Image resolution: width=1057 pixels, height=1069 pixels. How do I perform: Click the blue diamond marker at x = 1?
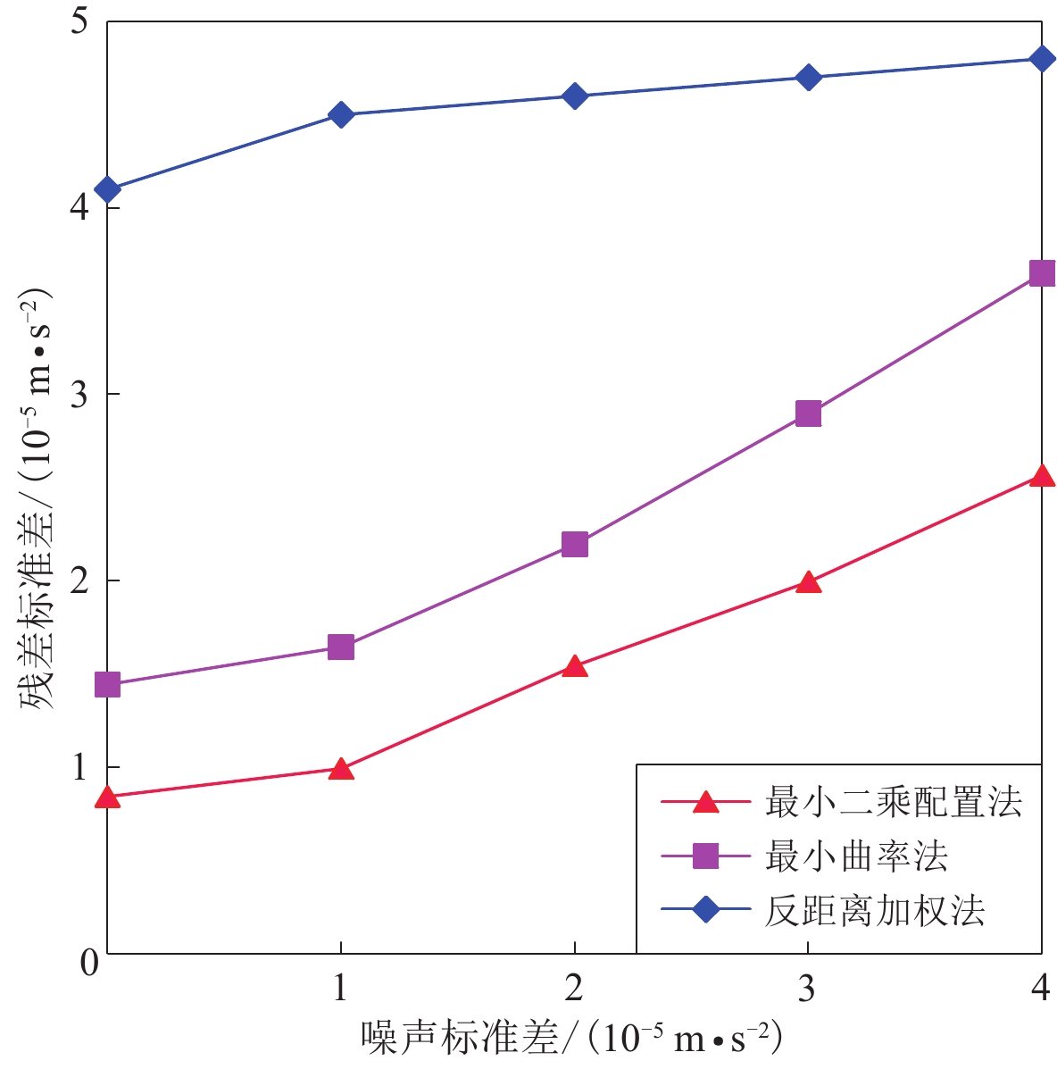[x=340, y=114]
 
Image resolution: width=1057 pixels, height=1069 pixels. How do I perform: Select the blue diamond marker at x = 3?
[x=808, y=77]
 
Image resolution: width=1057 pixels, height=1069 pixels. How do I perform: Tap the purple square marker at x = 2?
[x=574, y=544]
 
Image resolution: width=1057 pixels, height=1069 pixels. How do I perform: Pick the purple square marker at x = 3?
[x=808, y=413]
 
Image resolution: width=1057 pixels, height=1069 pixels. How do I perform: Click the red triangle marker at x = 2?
[x=574, y=666]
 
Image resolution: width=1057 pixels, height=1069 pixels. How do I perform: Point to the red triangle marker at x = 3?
[x=808, y=583]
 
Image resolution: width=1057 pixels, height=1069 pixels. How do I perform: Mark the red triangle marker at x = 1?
[x=340, y=769]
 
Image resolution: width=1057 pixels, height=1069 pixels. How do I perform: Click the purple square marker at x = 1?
[x=340, y=647]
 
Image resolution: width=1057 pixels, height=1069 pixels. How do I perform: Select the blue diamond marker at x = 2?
[x=574, y=96]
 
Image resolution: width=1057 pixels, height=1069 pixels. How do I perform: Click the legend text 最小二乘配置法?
[x=893, y=803]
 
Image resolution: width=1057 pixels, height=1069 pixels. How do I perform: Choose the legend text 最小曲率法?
[x=855, y=856]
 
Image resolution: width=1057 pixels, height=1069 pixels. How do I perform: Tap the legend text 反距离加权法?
[x=874, y=911]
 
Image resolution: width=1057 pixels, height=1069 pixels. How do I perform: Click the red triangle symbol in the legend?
[x=705, y=802]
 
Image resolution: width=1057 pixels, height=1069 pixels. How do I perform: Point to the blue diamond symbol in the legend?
[x=705, y=911]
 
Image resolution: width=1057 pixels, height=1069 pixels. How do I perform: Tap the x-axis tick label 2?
[x=574, y=988]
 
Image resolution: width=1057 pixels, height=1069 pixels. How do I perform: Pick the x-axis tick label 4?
[x=1040, y=988]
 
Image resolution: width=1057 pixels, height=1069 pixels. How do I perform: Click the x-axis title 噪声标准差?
[x=459, y=1039]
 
